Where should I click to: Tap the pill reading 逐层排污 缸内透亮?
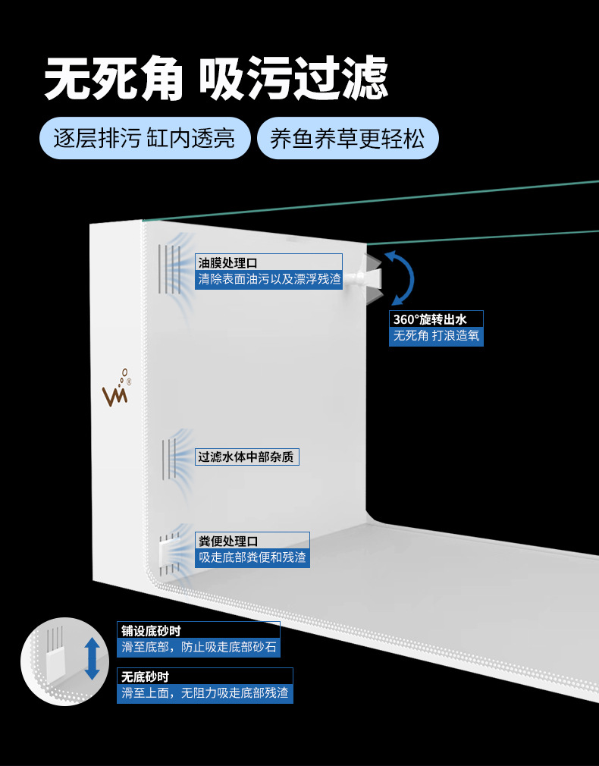pyautogui.click(x=144, y=139)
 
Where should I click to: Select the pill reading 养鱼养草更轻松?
pyautogui.click(x=348, y=139)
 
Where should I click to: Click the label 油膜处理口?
pyautogui.click(x=227, y=262)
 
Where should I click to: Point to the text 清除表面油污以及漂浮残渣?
pyautogui.click(x=269, y=279)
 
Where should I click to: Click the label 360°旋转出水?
pyautogui.click(x=435, y=319)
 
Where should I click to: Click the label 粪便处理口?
pyautogui.click(x=227, y=541)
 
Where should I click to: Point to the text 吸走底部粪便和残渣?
pyautogui.click(x=252, y=557)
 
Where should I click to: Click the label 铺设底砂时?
pyautogui.click(x=151, y=630)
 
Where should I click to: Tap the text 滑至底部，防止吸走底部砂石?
pyautogui.click(x=199, y=647)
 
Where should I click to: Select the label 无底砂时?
pyautogui.click(x=146, y=677)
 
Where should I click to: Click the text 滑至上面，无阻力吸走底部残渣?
pyautogui.click(x=205, y=693)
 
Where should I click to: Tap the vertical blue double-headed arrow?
pyautogui.click(x=92, y=658)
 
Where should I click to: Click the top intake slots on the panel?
pyautogui.click(x=168, y=268)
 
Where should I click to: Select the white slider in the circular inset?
pyautogui.click(x=56, y=664)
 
